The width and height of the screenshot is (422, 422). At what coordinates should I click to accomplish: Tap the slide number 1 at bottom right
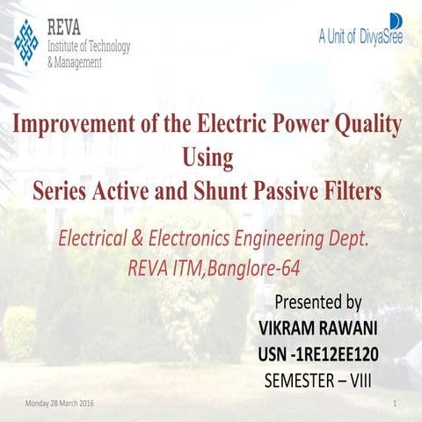397,403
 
